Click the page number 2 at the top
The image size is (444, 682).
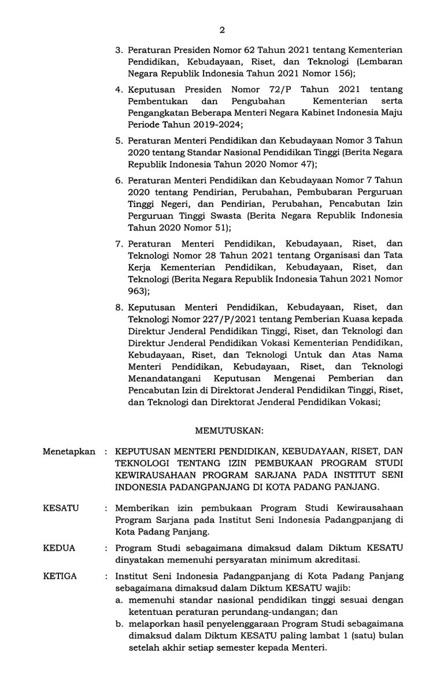pos(222,31)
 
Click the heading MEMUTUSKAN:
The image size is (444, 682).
pos(230,430)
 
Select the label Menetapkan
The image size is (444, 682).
pos(68,451)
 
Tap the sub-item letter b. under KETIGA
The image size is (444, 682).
pos(119,625)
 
